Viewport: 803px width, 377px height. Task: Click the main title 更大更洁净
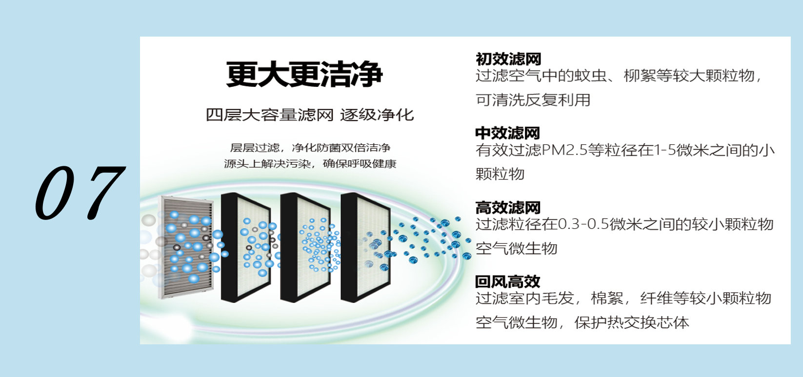click(x=304, y=74)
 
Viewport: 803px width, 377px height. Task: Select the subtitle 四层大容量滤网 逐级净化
click(x=310, y=115)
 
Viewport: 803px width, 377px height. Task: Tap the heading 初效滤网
click(x=508, y=59)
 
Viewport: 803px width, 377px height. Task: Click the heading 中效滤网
click(x=507, y=133)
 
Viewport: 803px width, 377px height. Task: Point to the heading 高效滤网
click(x=508, y=207)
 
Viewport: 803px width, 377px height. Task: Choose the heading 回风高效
click(x=507, y=282)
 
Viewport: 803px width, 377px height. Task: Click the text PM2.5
click(x=564, y=150)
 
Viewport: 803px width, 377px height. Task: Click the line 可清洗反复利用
click(x=533, y=100)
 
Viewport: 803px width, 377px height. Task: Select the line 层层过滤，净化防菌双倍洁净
click(x=310, y=148)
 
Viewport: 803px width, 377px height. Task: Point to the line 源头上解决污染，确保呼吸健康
click(x=310, y=164)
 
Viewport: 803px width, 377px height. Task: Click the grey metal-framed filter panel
click(x=186, y=247)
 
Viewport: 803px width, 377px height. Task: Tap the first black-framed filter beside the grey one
click(x=246, y=247)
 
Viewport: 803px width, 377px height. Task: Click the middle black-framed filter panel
click(x=305, y=247)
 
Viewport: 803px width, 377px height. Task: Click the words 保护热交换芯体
click(x=632, y=323)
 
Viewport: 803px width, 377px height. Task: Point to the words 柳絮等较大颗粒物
click(x=689, y=76)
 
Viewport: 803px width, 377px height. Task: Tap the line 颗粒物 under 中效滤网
click(x=500, y=174)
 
